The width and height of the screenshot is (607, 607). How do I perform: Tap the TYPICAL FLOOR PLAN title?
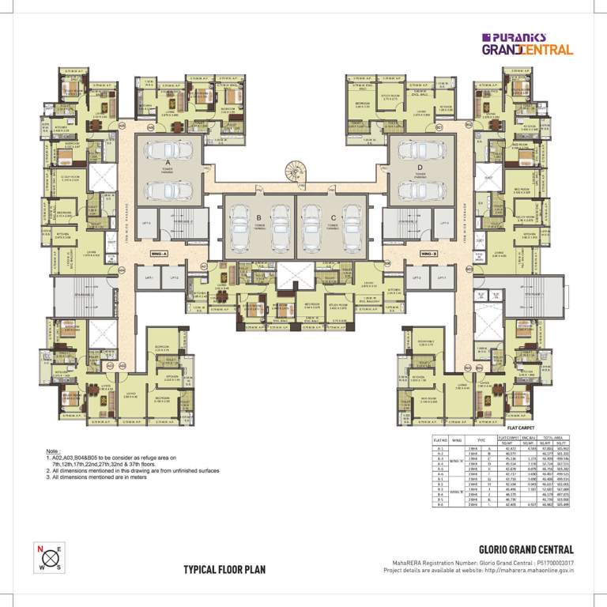(224, 569)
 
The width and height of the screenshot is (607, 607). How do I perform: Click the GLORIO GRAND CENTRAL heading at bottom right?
(526, 549)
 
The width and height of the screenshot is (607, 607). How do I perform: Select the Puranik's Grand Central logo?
(526, 43)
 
